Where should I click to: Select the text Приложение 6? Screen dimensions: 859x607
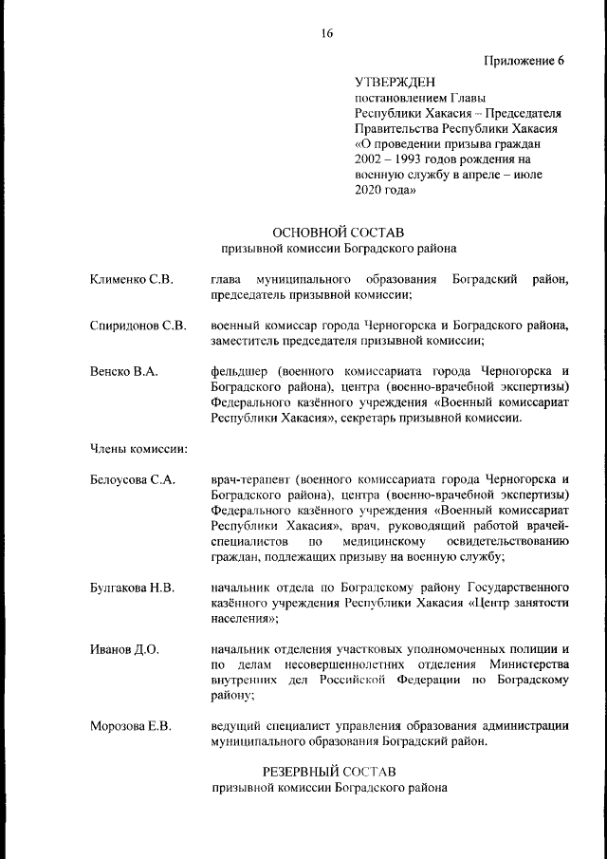point(524,62)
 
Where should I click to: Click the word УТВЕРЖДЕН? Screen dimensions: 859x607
point(390,84)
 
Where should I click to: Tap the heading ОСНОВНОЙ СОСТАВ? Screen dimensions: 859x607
point(338,233)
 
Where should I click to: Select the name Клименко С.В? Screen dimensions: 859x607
point(132,279)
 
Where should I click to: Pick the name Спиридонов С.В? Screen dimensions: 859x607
point(138,326)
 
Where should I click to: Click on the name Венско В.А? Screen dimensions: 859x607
point(123,372)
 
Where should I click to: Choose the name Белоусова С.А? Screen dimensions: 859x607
point(133,480)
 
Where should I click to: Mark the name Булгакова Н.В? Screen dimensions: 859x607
point(133,588)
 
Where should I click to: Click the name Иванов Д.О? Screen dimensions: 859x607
point(124,650)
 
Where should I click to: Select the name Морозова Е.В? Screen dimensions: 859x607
point(131,727)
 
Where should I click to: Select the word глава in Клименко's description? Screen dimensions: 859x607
point(227,279)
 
